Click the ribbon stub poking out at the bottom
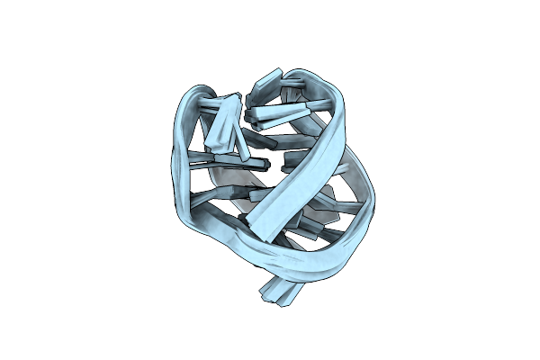click(x=278, y=291)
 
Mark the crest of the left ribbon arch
click(x=193, y=93)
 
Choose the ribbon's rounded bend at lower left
click(x=193, y=229)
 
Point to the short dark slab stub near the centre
click(x=290, y=165)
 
